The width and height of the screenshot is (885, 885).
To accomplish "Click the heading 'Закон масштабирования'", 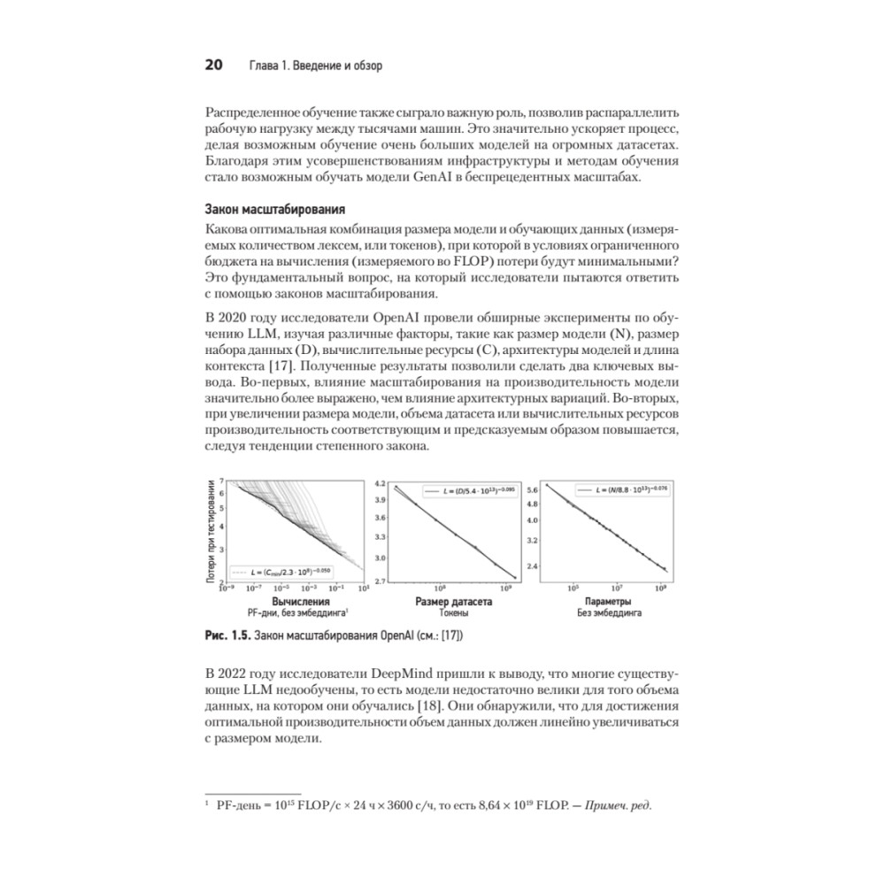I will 274,210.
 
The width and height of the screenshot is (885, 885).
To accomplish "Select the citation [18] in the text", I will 460,705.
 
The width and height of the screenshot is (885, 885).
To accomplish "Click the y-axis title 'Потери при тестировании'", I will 212,531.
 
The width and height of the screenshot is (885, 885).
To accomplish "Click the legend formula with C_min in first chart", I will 285,572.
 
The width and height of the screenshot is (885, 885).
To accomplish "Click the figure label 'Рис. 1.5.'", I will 226,636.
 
